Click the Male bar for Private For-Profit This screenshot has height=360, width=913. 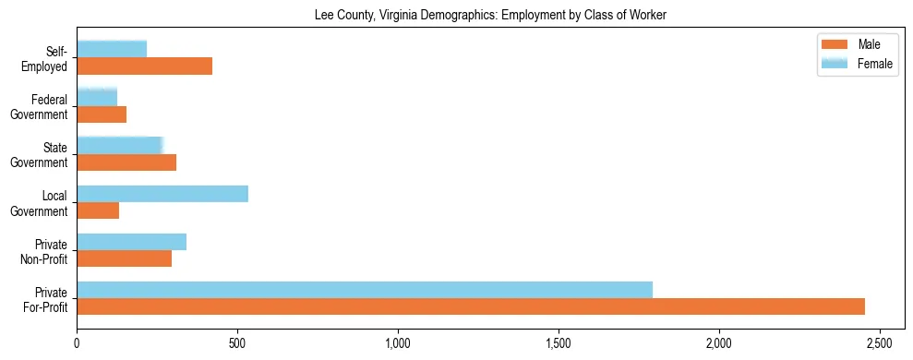pos(471,306)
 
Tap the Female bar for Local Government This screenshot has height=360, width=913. pos(162,194)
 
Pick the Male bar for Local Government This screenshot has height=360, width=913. pos(98,210)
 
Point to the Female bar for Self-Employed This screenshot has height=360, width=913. pos(112,50)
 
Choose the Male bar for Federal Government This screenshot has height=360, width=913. pos(102,114)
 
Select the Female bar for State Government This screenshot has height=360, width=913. pos(120,146)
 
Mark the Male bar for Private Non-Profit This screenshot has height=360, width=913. pos(125,258)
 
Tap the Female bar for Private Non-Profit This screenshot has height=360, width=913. pos(132,242)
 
